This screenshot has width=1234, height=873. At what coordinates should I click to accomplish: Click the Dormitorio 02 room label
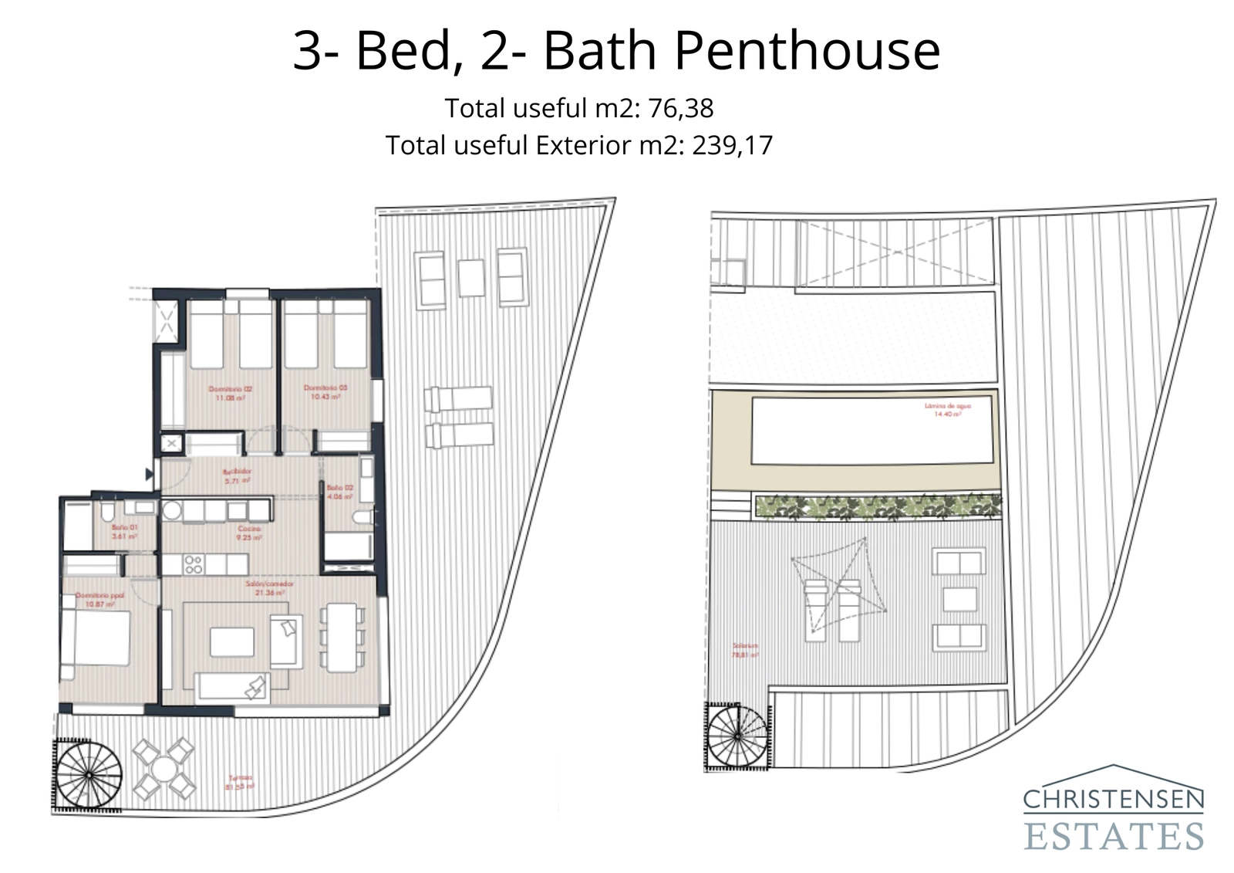click(231, 394)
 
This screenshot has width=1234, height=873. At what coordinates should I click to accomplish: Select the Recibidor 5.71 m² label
click(238, 475)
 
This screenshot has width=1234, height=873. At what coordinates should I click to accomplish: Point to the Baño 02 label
click(339, 492)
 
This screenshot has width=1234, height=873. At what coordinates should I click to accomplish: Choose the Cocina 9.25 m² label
click(249, 533)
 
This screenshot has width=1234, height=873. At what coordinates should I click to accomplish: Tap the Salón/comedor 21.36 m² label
click(269, 588)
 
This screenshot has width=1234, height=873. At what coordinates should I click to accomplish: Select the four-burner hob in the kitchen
click(194, 565)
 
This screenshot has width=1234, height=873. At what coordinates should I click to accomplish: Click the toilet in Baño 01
click(107, 513)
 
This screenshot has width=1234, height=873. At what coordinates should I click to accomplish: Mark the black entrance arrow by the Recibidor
click(150, 475)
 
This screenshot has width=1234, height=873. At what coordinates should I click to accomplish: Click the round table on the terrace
click(164, 769)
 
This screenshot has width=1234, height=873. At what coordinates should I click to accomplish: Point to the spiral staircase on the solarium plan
click(737, 736)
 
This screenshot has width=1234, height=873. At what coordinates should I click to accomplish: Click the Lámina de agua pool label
click(948, 409)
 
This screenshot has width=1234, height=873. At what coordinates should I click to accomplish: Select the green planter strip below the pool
click(877, 507)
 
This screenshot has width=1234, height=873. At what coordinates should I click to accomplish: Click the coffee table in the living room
click(232, 642)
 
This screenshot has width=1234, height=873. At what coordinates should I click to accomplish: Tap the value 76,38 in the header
click(681, 108)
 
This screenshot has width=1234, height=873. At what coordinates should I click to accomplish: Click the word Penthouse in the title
click(807, 50)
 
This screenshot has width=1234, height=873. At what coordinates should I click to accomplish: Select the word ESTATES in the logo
click(1113, 837)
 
